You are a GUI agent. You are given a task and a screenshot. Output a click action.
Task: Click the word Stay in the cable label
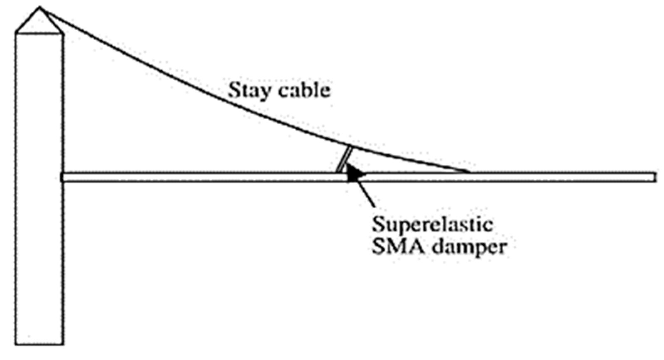click(247, 91)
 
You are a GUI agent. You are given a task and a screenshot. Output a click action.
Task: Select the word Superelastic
click(432, 225)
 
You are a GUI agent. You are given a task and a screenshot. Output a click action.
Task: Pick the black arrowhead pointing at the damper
click(354, 174)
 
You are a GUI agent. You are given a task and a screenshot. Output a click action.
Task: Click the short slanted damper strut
click(345, 159)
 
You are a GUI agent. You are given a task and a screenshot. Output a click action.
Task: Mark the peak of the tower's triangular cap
click(40, 7)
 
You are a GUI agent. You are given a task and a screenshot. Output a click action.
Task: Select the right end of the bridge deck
click(655, 178)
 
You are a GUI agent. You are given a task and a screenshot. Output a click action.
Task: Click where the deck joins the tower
click(64, 178)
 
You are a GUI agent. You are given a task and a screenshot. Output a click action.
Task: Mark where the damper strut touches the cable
click(351, 147)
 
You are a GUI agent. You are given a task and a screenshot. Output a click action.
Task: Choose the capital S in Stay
click(234, 91)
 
